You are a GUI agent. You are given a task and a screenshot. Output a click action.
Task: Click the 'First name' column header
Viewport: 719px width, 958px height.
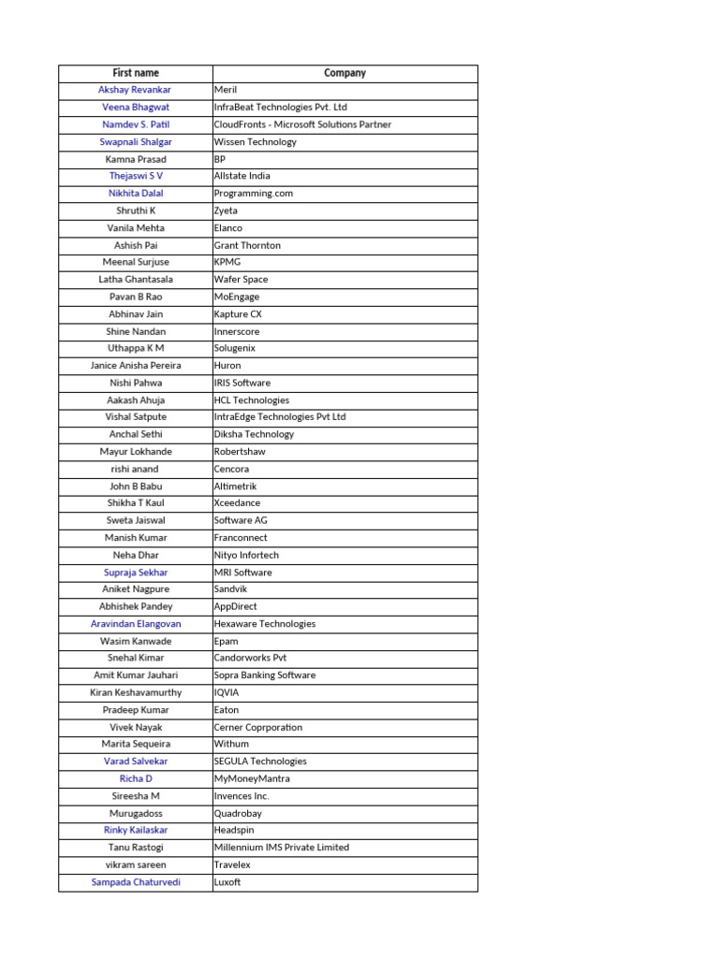[136, 73]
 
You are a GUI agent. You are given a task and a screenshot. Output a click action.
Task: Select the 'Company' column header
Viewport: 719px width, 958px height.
[345, 73]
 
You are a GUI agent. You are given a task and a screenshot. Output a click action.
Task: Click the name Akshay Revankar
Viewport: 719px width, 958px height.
[135, 90]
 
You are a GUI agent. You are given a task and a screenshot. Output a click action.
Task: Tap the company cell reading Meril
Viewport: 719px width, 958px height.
[226, 90]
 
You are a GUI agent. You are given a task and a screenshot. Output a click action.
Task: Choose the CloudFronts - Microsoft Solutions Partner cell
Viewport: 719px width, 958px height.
[302, 124]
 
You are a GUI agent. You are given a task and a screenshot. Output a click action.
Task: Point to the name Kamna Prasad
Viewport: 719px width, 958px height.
[136, 159]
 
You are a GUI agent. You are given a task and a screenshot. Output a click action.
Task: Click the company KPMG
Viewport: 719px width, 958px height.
[227, 262]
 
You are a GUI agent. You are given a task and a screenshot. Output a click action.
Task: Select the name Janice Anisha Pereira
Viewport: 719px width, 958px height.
[136, 366]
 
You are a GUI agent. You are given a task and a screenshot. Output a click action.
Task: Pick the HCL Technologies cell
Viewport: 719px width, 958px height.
[252, 400]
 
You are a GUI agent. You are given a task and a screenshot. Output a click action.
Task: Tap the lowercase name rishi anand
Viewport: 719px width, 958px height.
[135, 469]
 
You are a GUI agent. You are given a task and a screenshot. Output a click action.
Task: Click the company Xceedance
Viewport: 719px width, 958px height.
[237, 503]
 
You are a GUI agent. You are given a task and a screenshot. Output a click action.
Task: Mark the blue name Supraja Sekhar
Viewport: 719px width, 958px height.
[136, 573]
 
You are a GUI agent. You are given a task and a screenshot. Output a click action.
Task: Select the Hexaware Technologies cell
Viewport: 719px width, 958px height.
[265, 624]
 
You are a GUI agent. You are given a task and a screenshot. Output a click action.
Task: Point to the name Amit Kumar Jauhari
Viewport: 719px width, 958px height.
[136, 675]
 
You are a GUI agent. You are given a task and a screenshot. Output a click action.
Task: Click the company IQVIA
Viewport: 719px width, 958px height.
[227, 692]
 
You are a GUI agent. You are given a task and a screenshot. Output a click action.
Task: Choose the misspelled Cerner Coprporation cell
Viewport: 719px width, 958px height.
[258, 727]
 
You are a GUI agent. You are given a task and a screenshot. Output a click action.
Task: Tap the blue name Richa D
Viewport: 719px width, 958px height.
[136, 778]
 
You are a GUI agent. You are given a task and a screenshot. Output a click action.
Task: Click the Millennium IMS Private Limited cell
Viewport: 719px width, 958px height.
[282, 848]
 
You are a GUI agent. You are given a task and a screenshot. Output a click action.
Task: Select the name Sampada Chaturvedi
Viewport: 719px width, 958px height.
[136, 882]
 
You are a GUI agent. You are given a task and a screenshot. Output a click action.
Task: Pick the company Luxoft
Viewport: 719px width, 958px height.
[227, 882]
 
